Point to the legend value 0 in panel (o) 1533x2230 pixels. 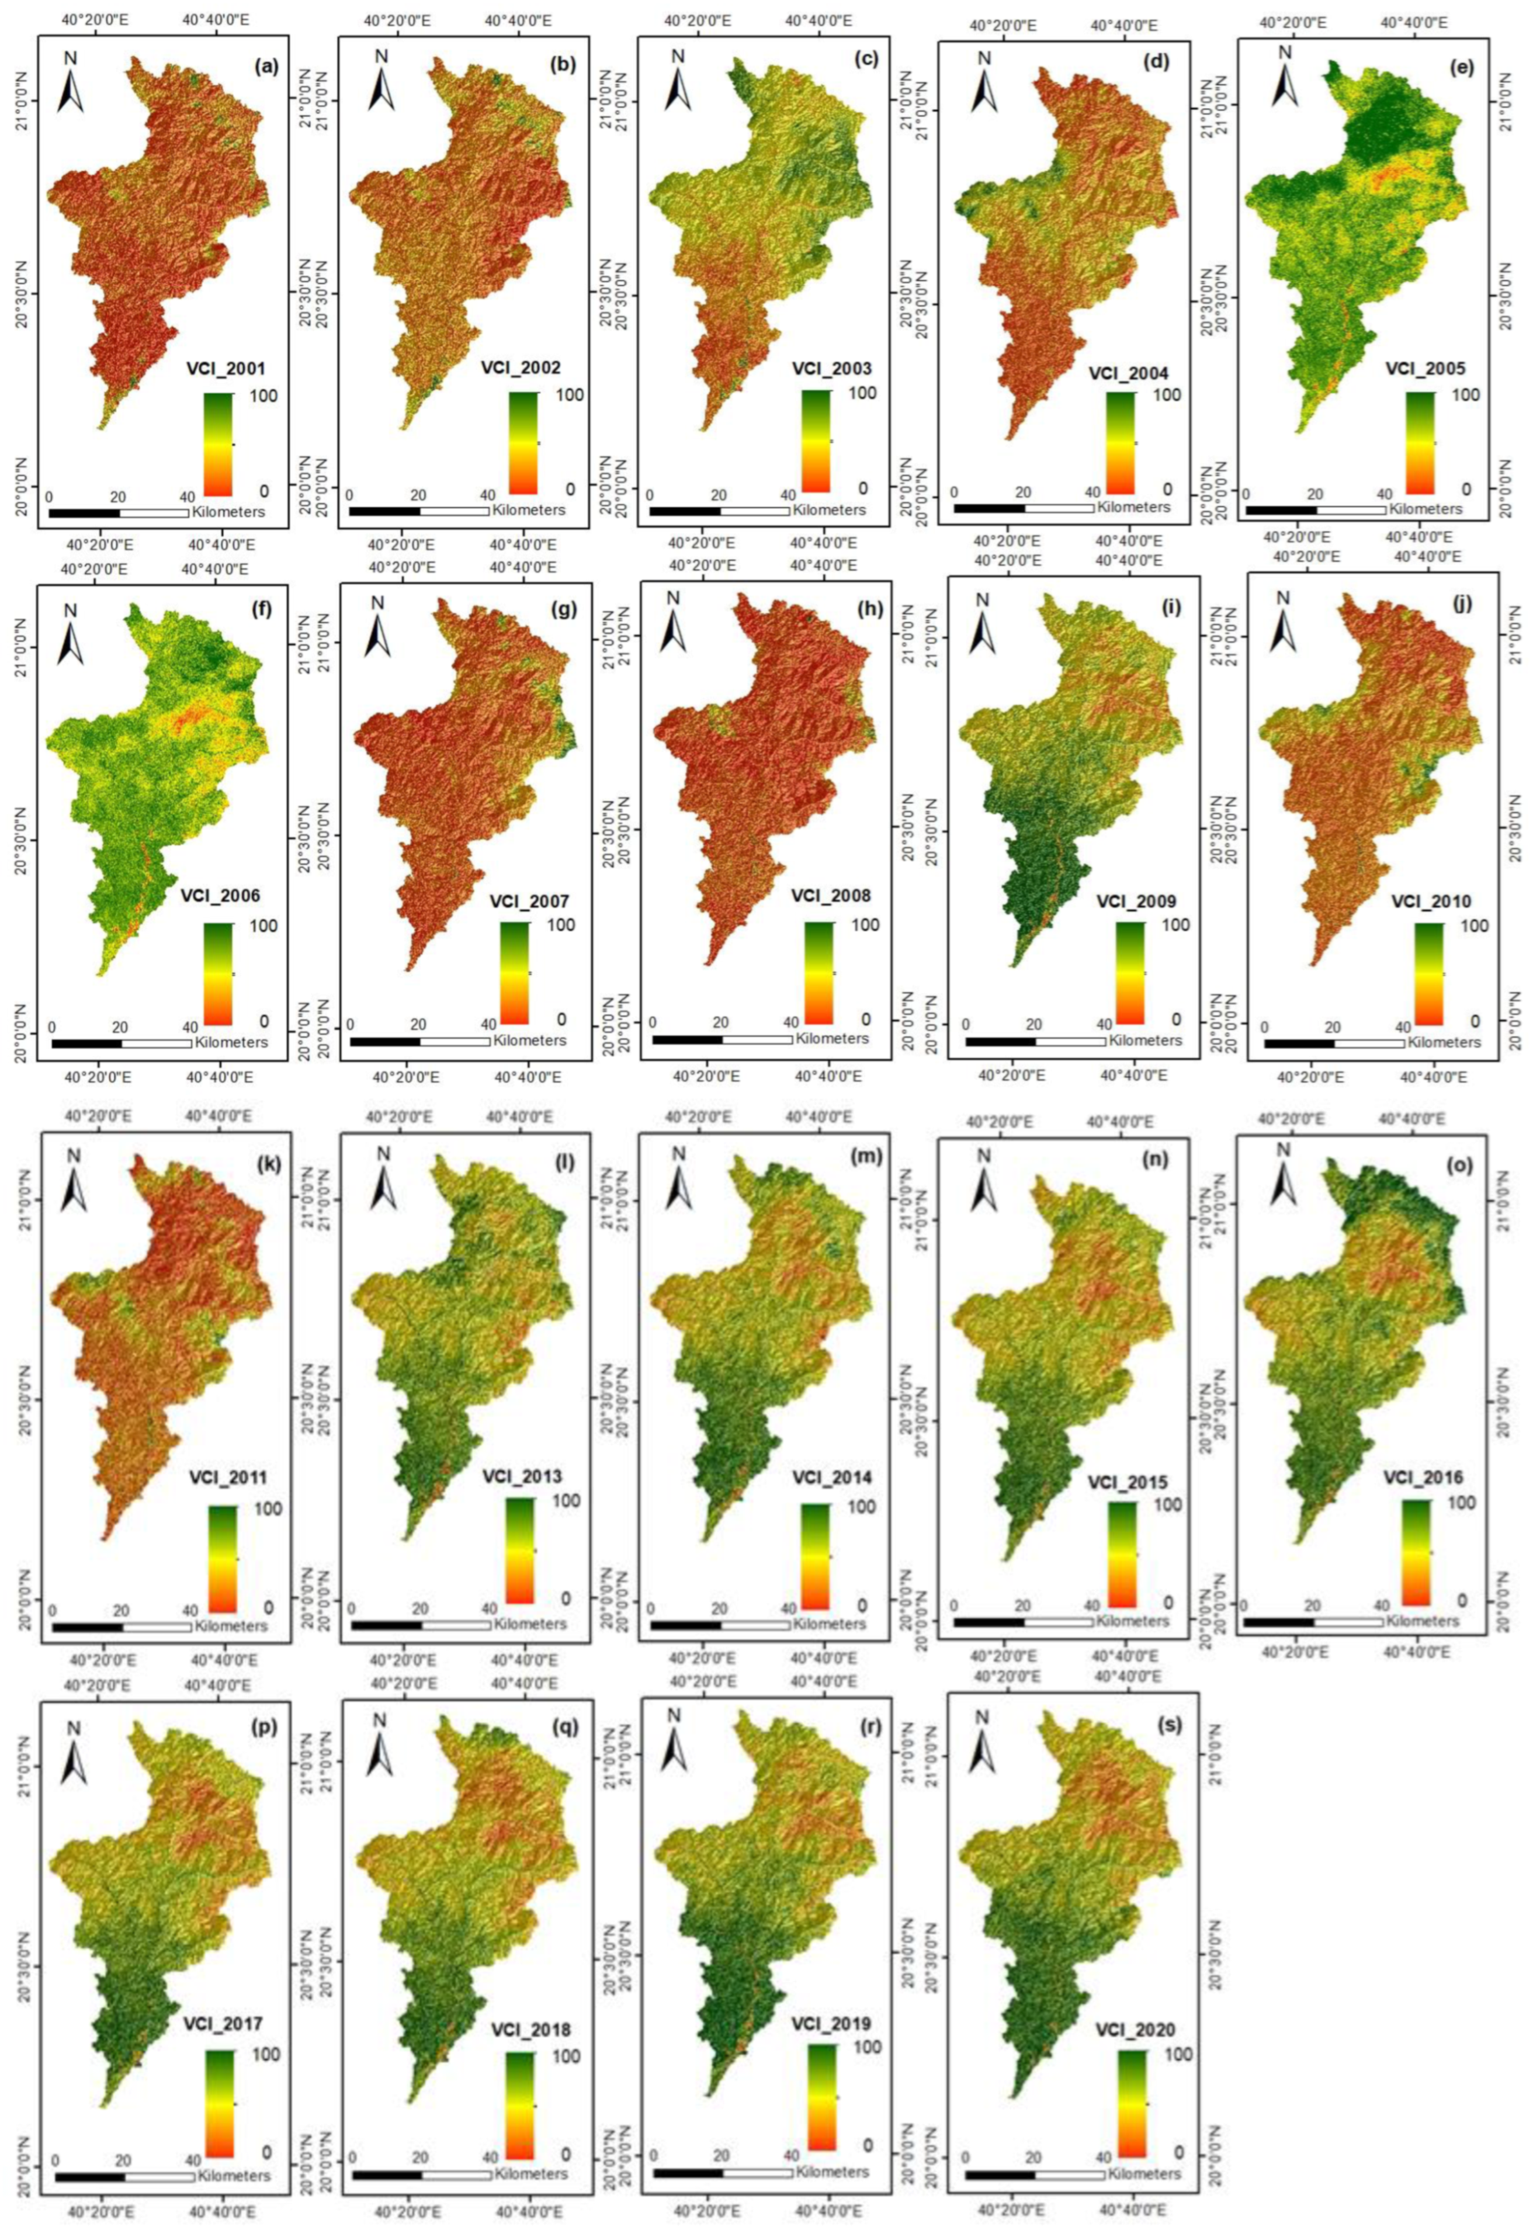pos(1462,1601)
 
